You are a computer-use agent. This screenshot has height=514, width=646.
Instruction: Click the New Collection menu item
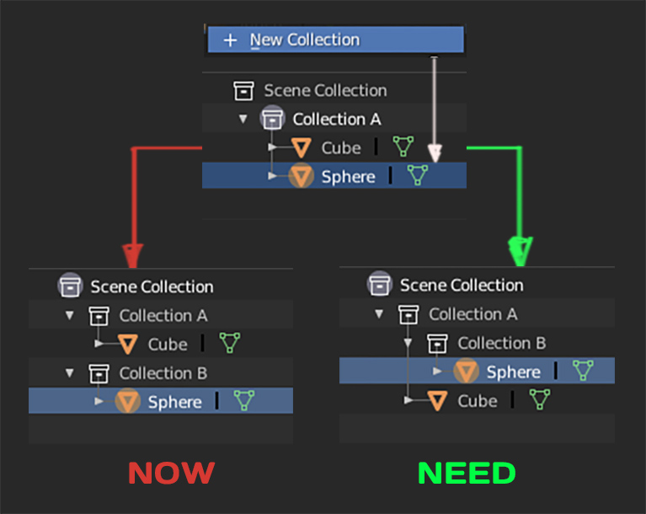(x=336, y=40)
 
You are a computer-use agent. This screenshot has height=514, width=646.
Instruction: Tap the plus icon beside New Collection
(x=230, y=40)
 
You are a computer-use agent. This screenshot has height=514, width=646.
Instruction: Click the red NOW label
(x=171, y=473)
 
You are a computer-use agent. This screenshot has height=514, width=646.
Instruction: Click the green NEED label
(x=467, y=473)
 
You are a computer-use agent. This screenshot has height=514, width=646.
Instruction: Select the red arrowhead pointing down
(x=133, y=255)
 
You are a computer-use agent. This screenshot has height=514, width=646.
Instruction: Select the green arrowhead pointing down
(x=521, y=251)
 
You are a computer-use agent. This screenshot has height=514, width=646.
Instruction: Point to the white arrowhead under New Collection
(x=435, y=153)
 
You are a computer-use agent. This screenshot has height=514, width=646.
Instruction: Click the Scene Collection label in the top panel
(x=325, y=90)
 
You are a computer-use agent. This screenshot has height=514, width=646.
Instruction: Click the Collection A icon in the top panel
(x=272, y=118)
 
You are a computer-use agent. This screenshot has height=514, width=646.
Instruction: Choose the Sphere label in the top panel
(x=348, y=177)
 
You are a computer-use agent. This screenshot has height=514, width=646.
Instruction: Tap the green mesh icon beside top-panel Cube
(x=403, y=147)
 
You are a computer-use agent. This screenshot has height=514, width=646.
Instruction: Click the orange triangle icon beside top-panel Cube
(x=302, y=148)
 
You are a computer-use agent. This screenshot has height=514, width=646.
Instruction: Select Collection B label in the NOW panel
(x=163, y=373)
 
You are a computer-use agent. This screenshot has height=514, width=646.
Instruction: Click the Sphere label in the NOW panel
(x=174, y=402)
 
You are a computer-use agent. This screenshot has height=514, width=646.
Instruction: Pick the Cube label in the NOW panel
(x=168, y=345)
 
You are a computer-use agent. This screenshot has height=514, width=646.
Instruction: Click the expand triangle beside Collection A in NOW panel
(x=70, y=316)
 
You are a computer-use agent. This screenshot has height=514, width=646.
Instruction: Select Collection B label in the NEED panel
(x=502, y=343)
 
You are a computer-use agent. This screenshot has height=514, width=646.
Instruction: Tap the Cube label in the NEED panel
(x=478, y=401)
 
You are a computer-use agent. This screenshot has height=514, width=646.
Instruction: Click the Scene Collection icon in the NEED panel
(x=380, y=284)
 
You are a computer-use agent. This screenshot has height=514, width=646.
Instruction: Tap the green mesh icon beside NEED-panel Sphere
(x=583, y=370)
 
